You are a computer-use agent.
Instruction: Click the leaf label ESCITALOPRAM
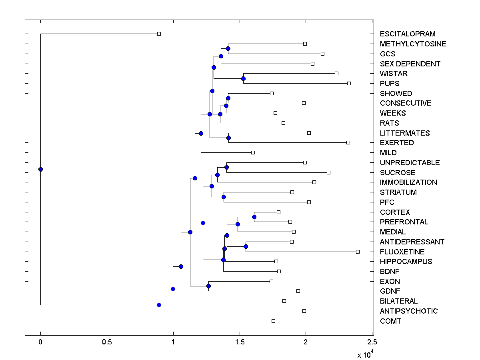(x=408, y=34)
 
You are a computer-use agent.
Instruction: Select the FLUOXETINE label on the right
(x=402, y=252)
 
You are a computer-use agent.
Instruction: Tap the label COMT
(x=390, y=321)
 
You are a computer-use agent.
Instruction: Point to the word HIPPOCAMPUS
(x=406, y=262)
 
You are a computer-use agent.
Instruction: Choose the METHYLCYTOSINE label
(x=413, y=44)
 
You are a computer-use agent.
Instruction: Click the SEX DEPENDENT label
(x=410, y=64)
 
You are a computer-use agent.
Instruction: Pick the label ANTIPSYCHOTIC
(x=409, y=311)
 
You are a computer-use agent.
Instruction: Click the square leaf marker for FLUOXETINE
(x=358, y=252)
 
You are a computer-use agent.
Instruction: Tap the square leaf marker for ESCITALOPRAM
(x=159, y=34)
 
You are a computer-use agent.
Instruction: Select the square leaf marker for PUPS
(x=349, y=83)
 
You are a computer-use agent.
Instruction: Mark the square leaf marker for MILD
(x=253, y=152)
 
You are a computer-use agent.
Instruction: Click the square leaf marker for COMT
(x=273, y=321)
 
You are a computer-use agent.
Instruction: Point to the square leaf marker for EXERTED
(x=348, y=142)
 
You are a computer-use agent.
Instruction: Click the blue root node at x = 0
(x=40, y=169)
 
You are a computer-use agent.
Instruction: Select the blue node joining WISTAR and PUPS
(x=243, y=78)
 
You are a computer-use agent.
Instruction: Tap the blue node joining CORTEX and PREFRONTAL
(x=254, y=217)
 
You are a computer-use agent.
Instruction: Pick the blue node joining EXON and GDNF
(x=208, y=286)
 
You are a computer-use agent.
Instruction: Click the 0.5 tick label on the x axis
(x=107, y=342)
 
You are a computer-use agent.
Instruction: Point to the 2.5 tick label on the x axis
(x=372, y=342)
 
